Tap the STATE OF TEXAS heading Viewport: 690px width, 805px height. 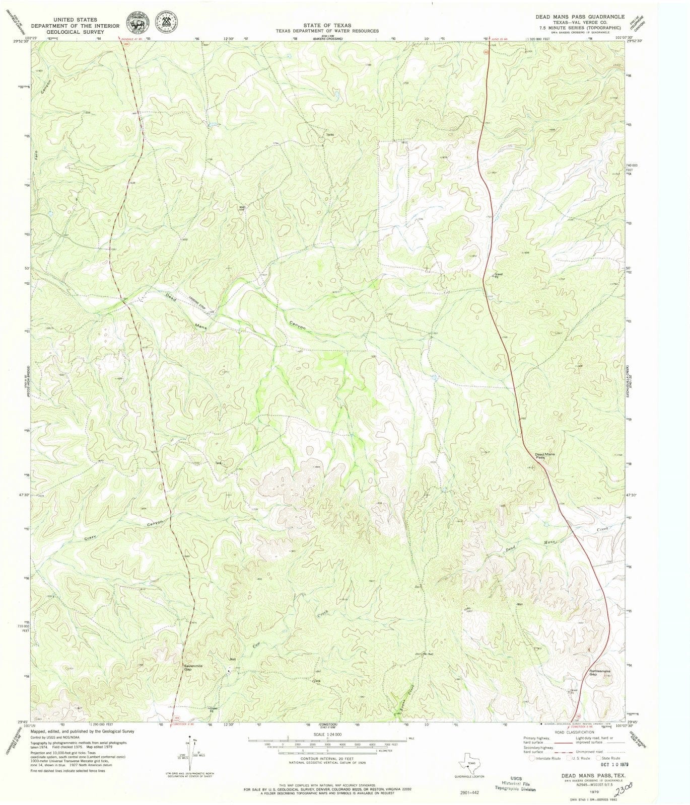327,25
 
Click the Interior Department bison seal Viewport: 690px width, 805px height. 136,23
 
